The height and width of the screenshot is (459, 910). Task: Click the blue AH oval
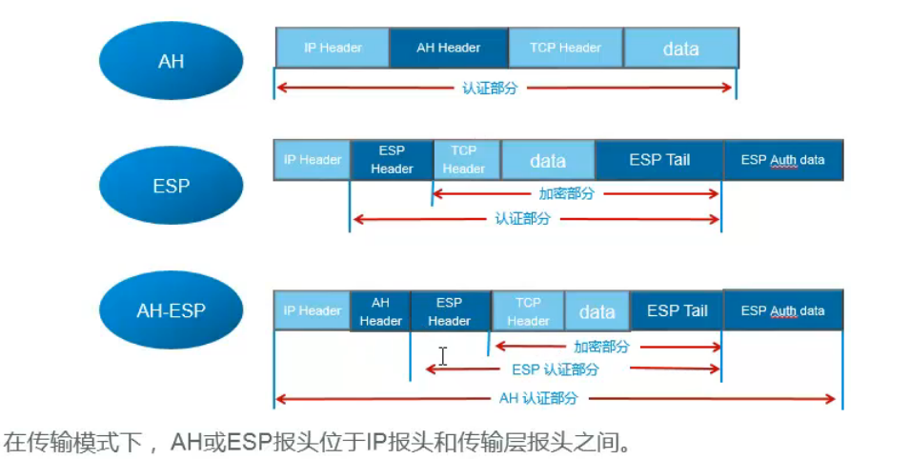pos(171,61)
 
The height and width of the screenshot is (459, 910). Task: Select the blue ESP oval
pos(171,186)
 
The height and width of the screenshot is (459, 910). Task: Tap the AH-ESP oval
pos(171,310)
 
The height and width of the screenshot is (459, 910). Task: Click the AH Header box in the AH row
pos(448,48)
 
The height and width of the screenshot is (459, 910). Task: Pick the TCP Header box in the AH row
pos(566,48)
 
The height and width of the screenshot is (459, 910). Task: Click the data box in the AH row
pos(680,49)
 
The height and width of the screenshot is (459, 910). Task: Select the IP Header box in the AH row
pos(333,48)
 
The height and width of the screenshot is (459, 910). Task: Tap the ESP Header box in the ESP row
pos(392,160)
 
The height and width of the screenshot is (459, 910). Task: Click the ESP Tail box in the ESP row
pos(659,160)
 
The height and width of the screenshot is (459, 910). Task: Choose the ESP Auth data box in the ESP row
pos(783,160)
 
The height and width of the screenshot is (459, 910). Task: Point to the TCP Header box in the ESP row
pos(464,160)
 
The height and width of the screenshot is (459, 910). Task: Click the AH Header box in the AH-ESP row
pos(380,311)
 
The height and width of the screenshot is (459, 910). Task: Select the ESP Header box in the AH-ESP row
pos(449,311)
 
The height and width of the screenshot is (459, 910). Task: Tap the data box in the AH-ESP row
pos(597,311)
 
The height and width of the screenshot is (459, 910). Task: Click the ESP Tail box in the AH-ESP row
pos(677,311)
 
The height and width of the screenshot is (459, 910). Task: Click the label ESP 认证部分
pos(556,369)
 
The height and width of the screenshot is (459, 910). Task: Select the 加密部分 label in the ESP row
pos(566,193)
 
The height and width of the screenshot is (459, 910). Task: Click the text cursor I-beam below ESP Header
pos(443,356)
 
